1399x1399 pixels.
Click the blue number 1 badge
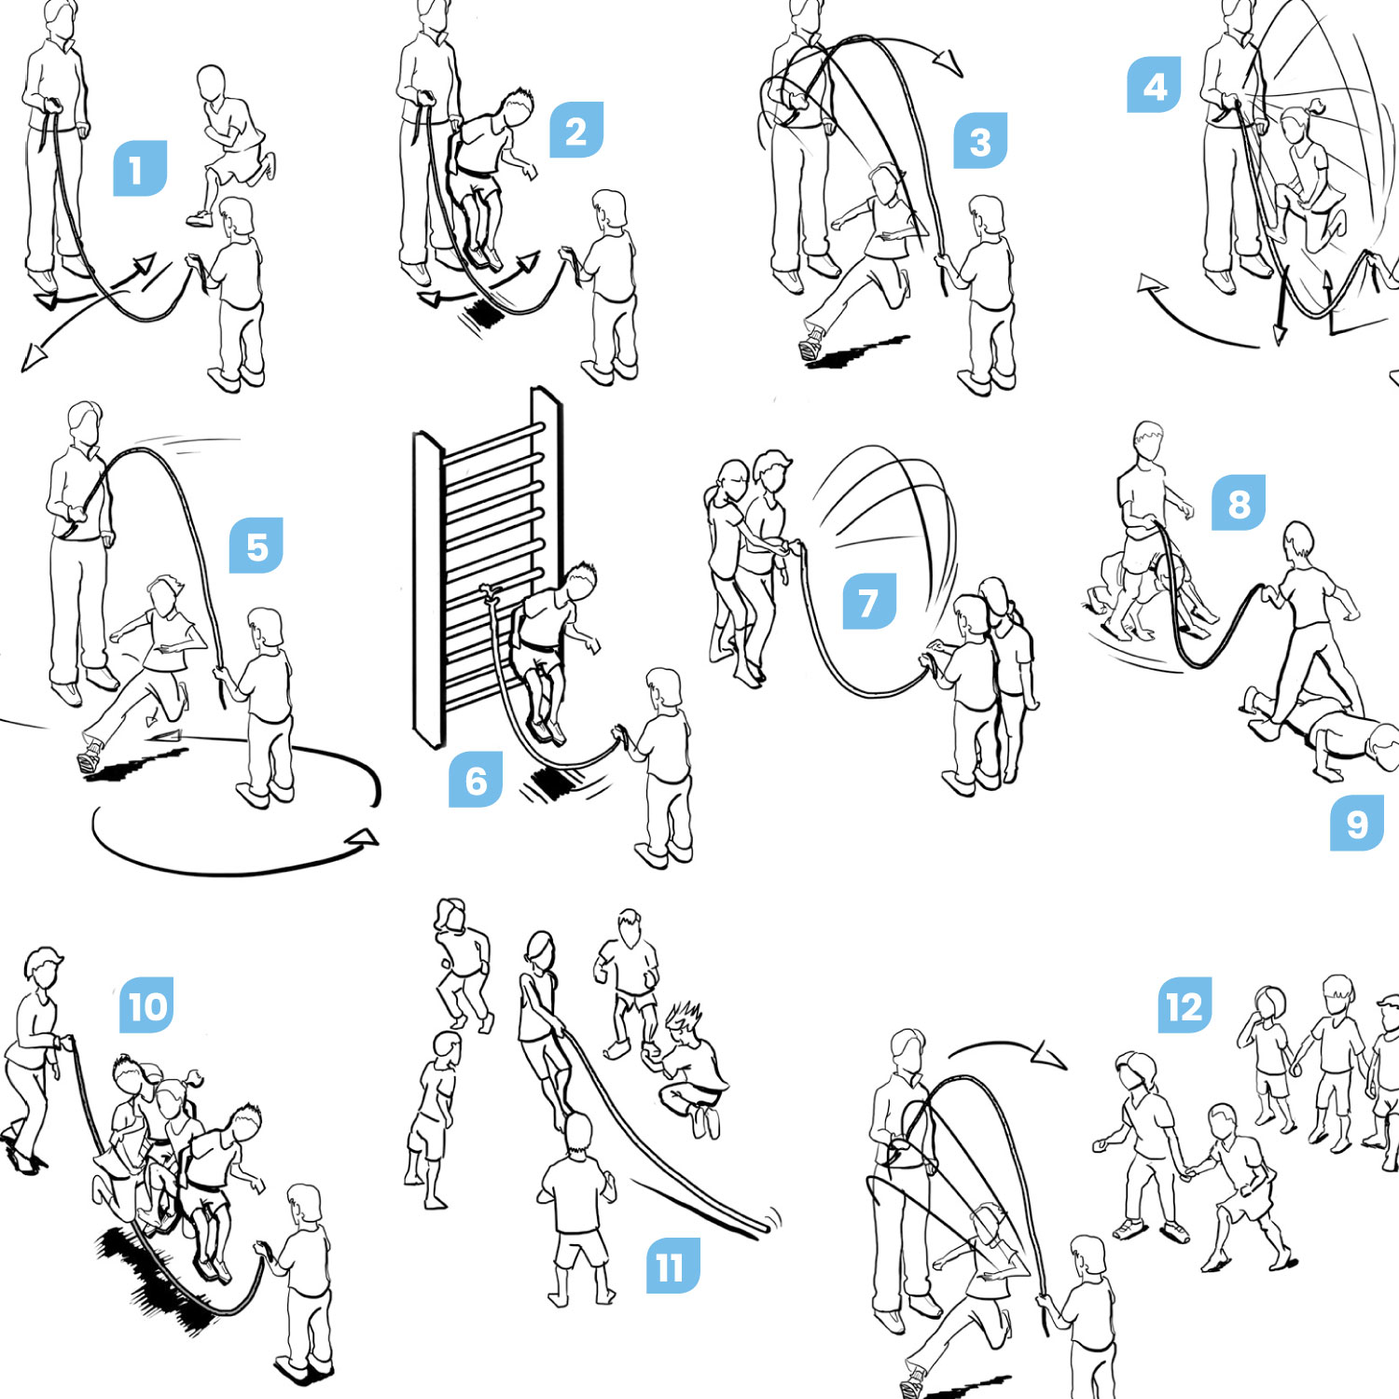[140, 169]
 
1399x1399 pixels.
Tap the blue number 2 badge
[576, 131]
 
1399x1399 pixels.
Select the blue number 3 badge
[980, 141]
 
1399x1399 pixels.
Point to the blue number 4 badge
[1155, 85]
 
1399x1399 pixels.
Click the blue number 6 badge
[476, 780]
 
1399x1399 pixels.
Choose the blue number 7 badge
[869, 602]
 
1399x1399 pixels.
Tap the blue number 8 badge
[1239, 504]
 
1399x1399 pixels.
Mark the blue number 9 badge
[1357, 824]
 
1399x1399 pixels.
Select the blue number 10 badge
[146, 1005]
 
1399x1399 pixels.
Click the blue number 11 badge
[673, 1266]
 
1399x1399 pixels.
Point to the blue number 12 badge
[1184, 1005]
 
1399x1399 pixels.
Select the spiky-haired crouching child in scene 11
[691, 1068]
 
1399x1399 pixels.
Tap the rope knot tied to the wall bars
[490, 593]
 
